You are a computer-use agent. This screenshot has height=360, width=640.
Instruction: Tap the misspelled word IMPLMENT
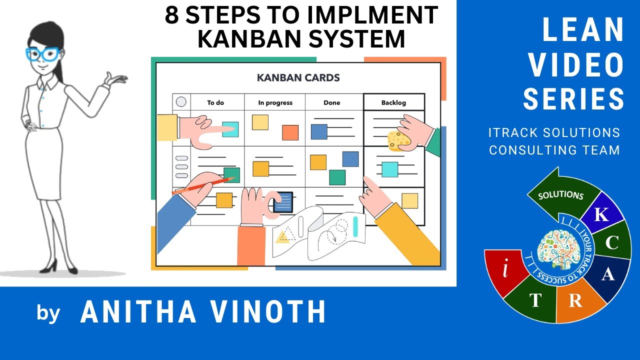point(372,15)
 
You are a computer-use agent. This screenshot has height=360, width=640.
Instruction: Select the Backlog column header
point(393,102)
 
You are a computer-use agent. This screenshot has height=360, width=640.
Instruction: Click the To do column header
point(215,102)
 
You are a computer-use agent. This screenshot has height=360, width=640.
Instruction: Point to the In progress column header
point(275,102)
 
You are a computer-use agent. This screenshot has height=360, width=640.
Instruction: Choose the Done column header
point(331,102)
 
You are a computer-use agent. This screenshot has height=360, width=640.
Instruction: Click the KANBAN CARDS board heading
point(298,78)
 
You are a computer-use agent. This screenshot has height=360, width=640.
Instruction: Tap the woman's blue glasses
point(42,53)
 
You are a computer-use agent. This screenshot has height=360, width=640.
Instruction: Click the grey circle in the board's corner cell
point(181,102)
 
